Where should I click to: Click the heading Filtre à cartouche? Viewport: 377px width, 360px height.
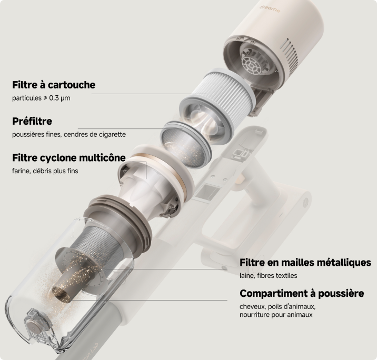pyautogui.click(x=54, y=85)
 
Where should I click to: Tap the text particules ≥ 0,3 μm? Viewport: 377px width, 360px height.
pyautogui.click(x=41, y=98)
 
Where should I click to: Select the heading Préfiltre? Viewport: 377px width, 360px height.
pyautogui.click(x=32, y=121)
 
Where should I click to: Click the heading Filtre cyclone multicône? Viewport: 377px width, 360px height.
pyautogui.click(x=69, y=158)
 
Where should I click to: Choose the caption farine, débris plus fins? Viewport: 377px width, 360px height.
pyautogui.click(x=45, y=171)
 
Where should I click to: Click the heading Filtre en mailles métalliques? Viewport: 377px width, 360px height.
pyautogui.click(x=305, y=262)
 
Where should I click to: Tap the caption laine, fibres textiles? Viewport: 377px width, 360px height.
pyautogui.click(x=269, y=275)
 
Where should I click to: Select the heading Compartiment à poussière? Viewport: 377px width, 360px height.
pyautogui.click(x=302, y=293)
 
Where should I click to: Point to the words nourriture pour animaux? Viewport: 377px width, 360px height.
pyautogui.click(x=276, y=315)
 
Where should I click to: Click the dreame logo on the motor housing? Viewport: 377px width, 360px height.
pyautogui.click(x=270, y=8)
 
